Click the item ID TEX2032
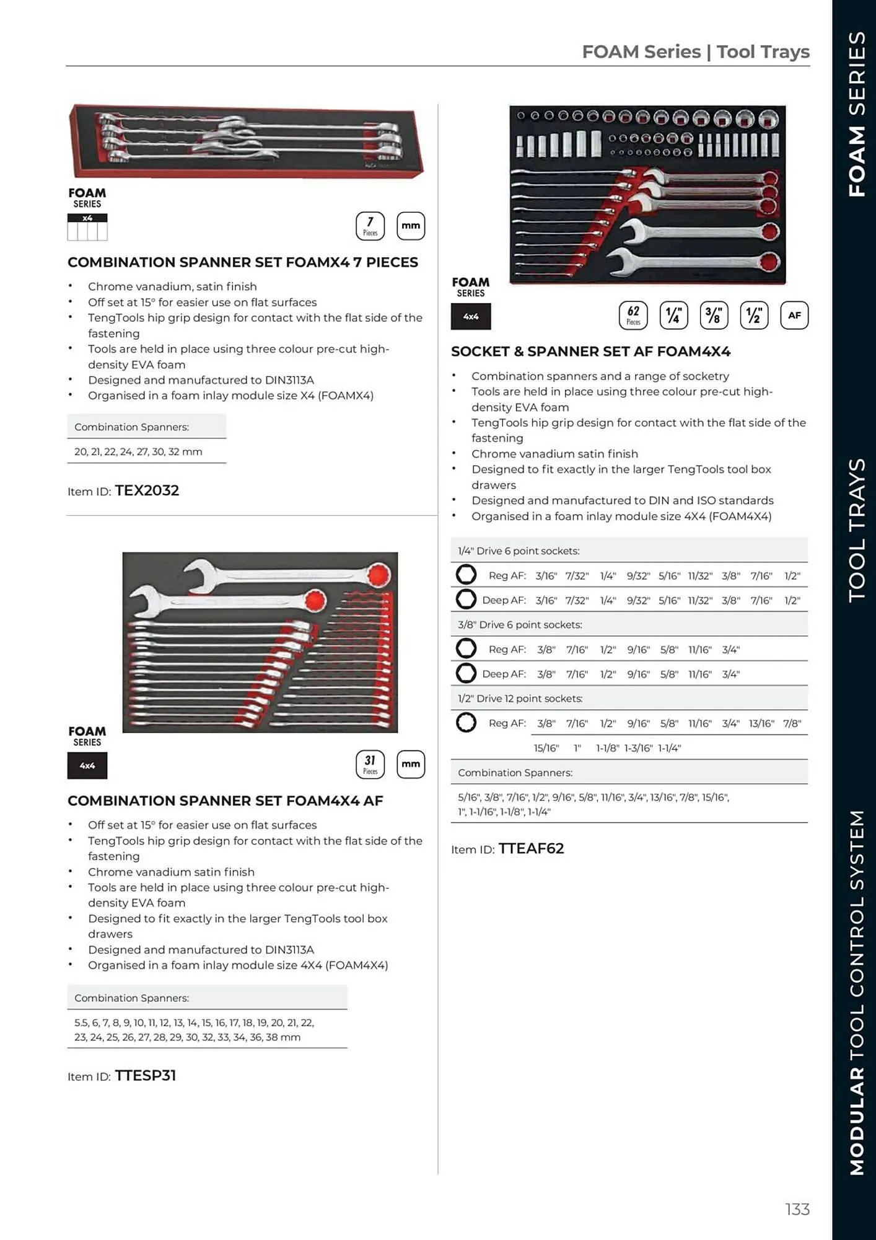147,490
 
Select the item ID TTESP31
146,1076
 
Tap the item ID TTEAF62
531,849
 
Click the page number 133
797,1209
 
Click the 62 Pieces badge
633,315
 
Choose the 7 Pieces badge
370,226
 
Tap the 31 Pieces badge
370,764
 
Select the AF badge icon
794,315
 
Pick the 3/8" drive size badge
714,315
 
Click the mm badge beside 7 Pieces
410,226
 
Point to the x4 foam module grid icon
87,228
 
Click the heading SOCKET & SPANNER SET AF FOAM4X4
590,352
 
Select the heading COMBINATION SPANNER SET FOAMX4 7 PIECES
242,262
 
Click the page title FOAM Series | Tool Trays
695,51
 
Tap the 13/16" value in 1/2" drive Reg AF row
761,724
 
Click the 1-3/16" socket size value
638,748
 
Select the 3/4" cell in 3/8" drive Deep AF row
730,674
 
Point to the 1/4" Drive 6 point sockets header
519,551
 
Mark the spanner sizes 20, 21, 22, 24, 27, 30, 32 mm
138,451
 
